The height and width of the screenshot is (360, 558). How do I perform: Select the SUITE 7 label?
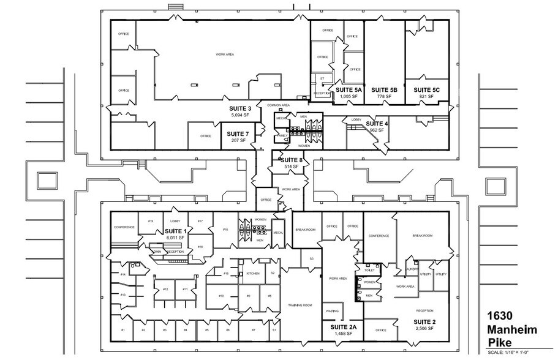pos(238,134)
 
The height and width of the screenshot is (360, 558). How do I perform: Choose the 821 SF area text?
pos(427,97)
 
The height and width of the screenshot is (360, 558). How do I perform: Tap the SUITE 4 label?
pos(377,124)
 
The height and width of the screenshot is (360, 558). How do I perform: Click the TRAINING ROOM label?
pos(300,305)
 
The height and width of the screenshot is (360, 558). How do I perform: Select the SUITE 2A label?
pos(343,328)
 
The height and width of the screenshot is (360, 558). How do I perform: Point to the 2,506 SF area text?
pos(424,329)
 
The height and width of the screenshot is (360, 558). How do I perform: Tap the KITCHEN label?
pos(252,273)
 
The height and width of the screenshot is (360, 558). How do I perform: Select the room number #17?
pos(200,221)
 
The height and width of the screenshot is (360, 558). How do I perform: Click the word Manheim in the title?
pos(512,331)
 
